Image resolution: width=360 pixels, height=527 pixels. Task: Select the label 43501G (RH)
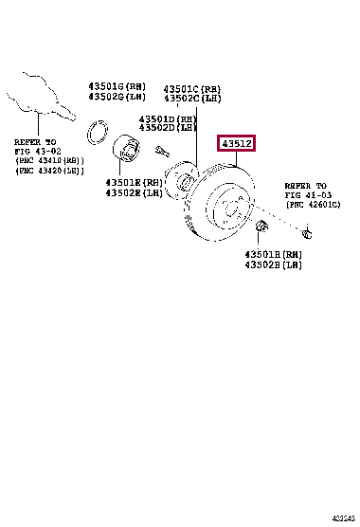click(x=117, y=84)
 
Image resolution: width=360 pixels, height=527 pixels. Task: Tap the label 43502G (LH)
click(x=117, y=96)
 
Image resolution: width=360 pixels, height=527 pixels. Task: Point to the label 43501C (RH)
click(x=193, y=85)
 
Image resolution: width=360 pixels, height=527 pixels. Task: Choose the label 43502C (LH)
click(x=193, y=97)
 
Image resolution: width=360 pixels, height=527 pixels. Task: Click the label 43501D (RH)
click(x=168, y=117)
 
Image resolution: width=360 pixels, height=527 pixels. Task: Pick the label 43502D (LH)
click(x=168, y=127)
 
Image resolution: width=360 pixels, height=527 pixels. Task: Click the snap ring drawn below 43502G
click(x=98, y=131)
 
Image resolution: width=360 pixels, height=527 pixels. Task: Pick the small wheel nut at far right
click(x=308, y=232)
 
